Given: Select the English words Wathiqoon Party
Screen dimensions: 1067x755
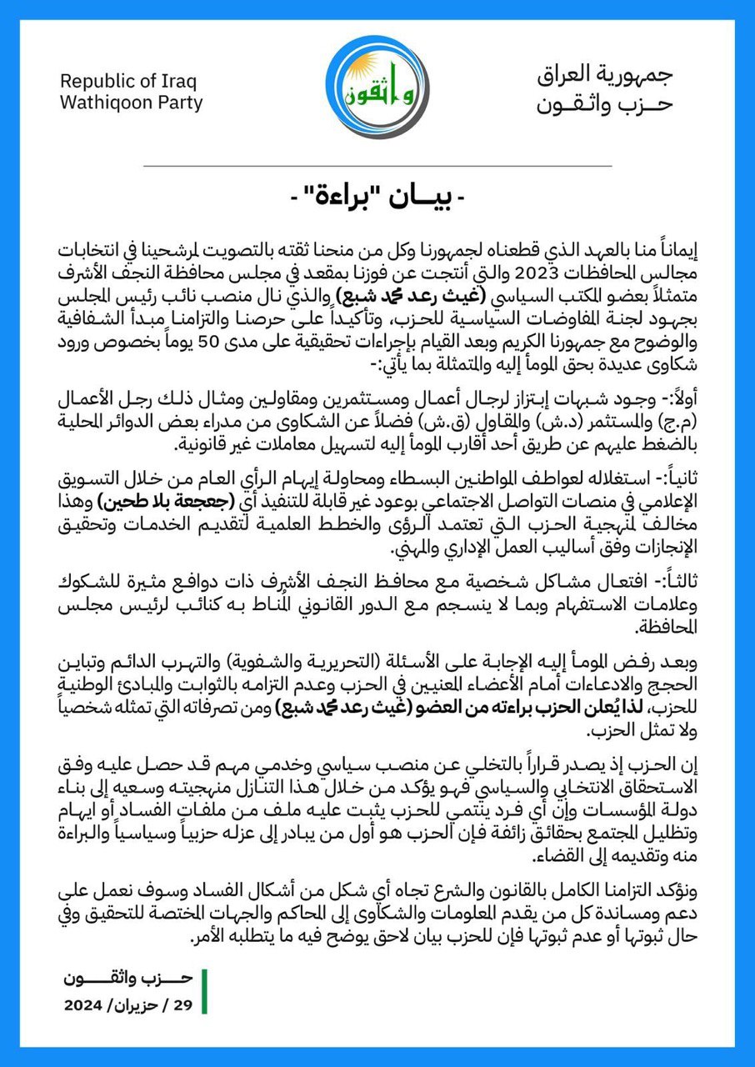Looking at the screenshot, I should [132, 104].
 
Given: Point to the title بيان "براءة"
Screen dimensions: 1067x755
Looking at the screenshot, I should [377, 198].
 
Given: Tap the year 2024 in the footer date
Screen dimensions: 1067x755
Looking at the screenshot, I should [85, 1005].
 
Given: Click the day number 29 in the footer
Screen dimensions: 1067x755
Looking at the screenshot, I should [182, 1005].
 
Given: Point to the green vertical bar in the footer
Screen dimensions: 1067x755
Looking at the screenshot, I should [204, 992].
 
